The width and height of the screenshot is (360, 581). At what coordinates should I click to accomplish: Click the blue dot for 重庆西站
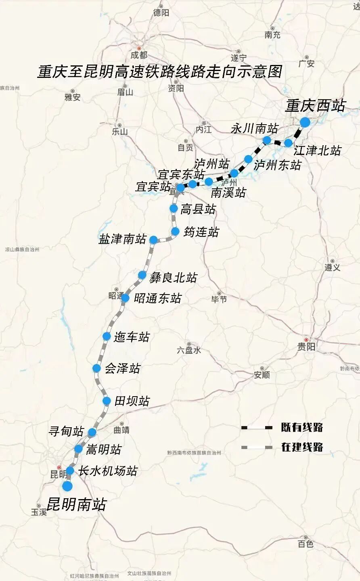coord(305,122)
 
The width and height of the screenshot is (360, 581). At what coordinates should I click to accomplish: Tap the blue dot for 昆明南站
coord(67,486)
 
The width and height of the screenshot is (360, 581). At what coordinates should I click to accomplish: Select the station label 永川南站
coord(254,129)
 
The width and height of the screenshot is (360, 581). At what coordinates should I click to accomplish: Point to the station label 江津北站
coord(317,150)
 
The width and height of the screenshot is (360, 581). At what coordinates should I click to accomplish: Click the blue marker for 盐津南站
coord(153,240)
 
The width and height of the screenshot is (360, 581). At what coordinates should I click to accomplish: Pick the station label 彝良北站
coord(173,278)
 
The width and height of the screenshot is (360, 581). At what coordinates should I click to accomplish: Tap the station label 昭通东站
coord(157,299)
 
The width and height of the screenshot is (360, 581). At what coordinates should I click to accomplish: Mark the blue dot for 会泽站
coord(96,368)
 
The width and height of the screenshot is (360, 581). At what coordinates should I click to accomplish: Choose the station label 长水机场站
coord(108,471)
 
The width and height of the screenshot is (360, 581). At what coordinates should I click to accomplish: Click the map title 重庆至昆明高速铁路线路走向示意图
coord(160,72)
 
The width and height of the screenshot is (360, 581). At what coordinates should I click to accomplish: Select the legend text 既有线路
coord(302,428)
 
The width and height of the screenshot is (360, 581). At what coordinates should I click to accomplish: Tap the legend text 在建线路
coord(302,447)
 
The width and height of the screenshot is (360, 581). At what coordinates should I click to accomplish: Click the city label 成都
coord(139,55)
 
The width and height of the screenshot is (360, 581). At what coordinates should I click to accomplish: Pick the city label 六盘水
coord(188,350)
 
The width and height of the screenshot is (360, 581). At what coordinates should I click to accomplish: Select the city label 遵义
coord(332,268)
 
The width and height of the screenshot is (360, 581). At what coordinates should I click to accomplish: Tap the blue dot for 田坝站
coord(107,401)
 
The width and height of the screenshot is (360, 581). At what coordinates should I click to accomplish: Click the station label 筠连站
coord(201,232)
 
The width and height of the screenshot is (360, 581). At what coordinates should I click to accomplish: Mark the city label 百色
coord(306,544)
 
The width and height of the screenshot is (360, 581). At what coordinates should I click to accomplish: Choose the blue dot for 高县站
coord(174,208)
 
